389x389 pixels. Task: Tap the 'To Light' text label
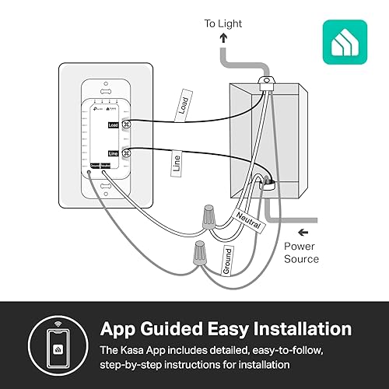[x=224, y=23]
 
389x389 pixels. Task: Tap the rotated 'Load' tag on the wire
[x=184, y=109]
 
